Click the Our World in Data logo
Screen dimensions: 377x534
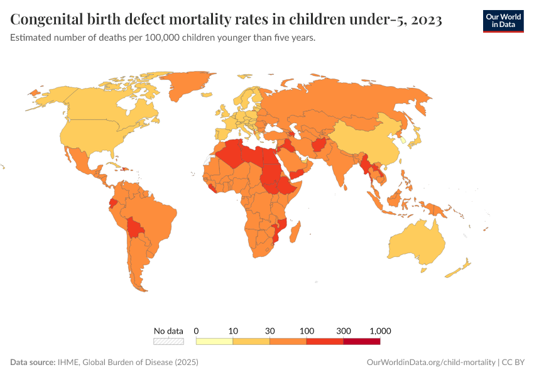click(503, 20)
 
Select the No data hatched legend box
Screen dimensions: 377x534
click(168, 341)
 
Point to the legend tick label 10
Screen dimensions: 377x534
click(233, 331)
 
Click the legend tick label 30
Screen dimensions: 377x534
click(270, 331)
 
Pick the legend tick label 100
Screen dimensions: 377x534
click(307, 331)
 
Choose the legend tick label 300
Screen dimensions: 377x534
click(343, 331)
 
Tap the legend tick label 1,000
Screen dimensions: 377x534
click(380, 331)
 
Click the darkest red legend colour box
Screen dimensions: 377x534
click(362, 341)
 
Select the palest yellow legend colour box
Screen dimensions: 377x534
click(214, 341)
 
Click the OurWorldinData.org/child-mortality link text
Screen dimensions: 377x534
click(430, 363)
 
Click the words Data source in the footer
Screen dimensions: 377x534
click(33, 363)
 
